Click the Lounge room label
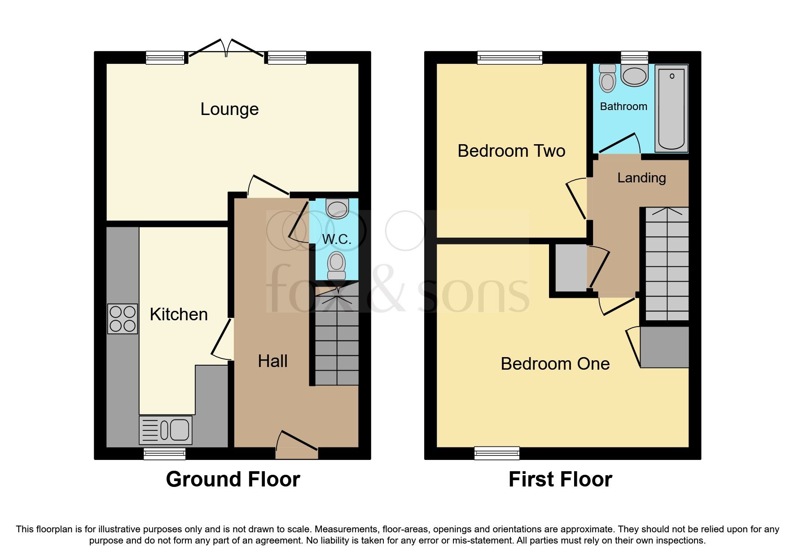[229, 109]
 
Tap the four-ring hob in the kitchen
[123, 319]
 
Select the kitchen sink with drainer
[166, 430]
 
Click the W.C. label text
[336, 239]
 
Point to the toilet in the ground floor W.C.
[336, 265]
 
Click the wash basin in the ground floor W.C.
[337, 209]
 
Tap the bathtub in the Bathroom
[671, 108]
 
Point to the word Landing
[641, 178]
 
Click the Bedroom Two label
[511, 151]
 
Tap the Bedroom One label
[555, 364]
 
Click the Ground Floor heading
[233, 479]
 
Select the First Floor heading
[560, 479]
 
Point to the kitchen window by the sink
[164, 454]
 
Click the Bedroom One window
[497, 453]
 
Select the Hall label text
[272, 361]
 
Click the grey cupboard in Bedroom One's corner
[664, 347]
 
